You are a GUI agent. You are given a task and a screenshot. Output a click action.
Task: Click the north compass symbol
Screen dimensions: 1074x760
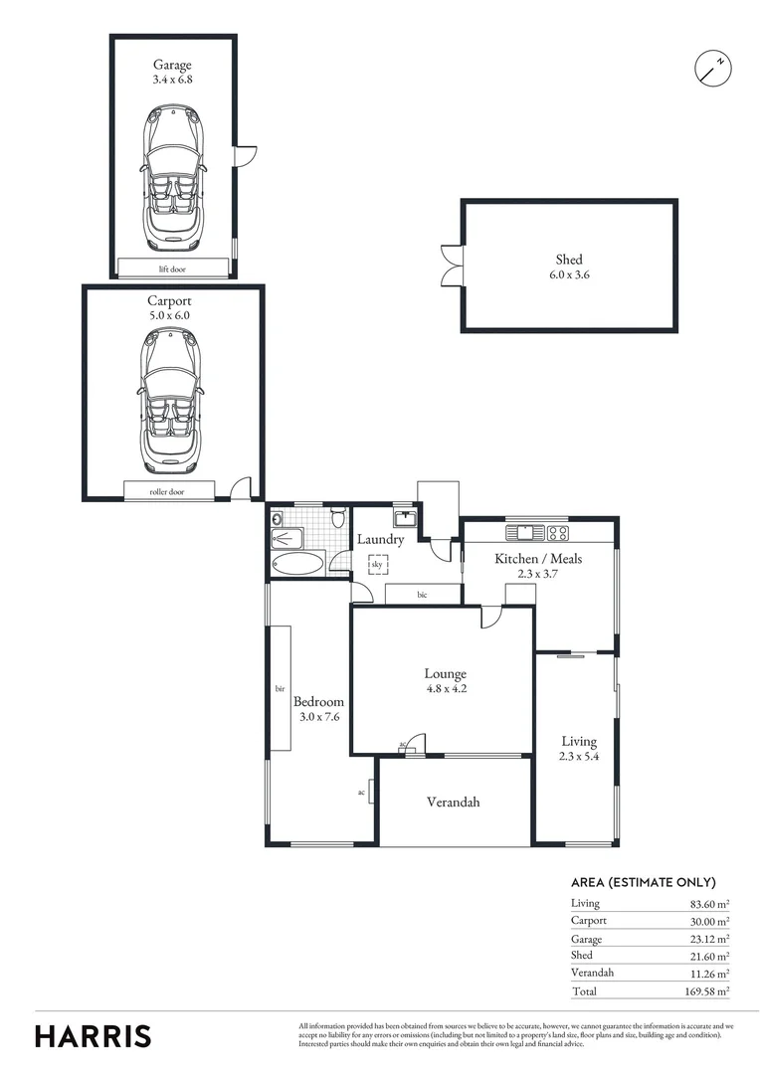point(712,68)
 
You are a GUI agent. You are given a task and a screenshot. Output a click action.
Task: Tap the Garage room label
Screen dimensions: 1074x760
point(172,66)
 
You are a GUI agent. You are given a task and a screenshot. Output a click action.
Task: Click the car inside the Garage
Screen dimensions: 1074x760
point(173,179)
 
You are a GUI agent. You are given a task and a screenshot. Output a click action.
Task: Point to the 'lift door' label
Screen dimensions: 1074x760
point(172,268)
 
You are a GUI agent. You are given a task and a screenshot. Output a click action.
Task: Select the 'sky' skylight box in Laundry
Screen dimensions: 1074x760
point(377,565)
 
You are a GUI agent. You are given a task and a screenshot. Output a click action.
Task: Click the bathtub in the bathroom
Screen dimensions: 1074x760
point(296,565)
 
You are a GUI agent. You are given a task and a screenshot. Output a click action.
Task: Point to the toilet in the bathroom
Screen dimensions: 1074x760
point(339,518)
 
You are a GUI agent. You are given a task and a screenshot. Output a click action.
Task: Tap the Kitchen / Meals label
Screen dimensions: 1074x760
point(538,559)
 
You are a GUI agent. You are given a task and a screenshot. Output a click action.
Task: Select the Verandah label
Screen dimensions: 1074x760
point(453,802)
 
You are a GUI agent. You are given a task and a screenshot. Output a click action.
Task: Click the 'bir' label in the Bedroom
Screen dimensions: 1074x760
point(281,687)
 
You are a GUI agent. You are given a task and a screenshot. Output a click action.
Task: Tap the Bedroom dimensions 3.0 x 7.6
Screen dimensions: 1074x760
point(319,716)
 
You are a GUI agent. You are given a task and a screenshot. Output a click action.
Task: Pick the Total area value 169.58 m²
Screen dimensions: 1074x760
point(708,991)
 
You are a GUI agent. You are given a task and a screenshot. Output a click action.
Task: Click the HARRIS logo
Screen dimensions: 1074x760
point(94,1035)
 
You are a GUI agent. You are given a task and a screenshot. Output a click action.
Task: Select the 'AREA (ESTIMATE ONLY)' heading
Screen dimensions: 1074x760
point(643,882)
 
